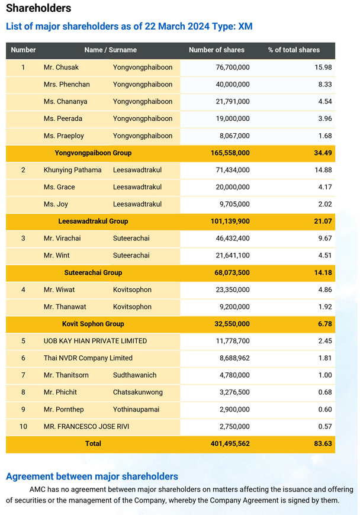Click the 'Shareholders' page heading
pos(38,8)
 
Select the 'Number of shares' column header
pos(217,50)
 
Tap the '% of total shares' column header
pos(294,50)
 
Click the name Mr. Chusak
pos(61,67)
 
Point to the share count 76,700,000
pos(233,67)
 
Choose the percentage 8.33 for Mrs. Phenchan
pos(325,85)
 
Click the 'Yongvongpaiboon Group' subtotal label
pos(93,153)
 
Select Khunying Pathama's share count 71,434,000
pos(233,170)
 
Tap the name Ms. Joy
pos(56,204)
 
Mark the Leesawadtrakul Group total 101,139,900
pos(230,221)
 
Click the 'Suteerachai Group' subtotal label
pos(93,273)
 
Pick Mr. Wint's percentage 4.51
pos(325,255)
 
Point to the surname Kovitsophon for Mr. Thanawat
pos(132,307)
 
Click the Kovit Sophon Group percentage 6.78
pos(325,324)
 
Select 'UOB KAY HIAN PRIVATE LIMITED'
pos(95,341)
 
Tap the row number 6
pos(23,358)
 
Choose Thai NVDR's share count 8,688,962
pos(234,358)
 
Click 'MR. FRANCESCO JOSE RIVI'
pos(86,426)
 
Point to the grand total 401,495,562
pos(230,443)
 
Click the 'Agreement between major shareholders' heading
pos(92,477)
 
